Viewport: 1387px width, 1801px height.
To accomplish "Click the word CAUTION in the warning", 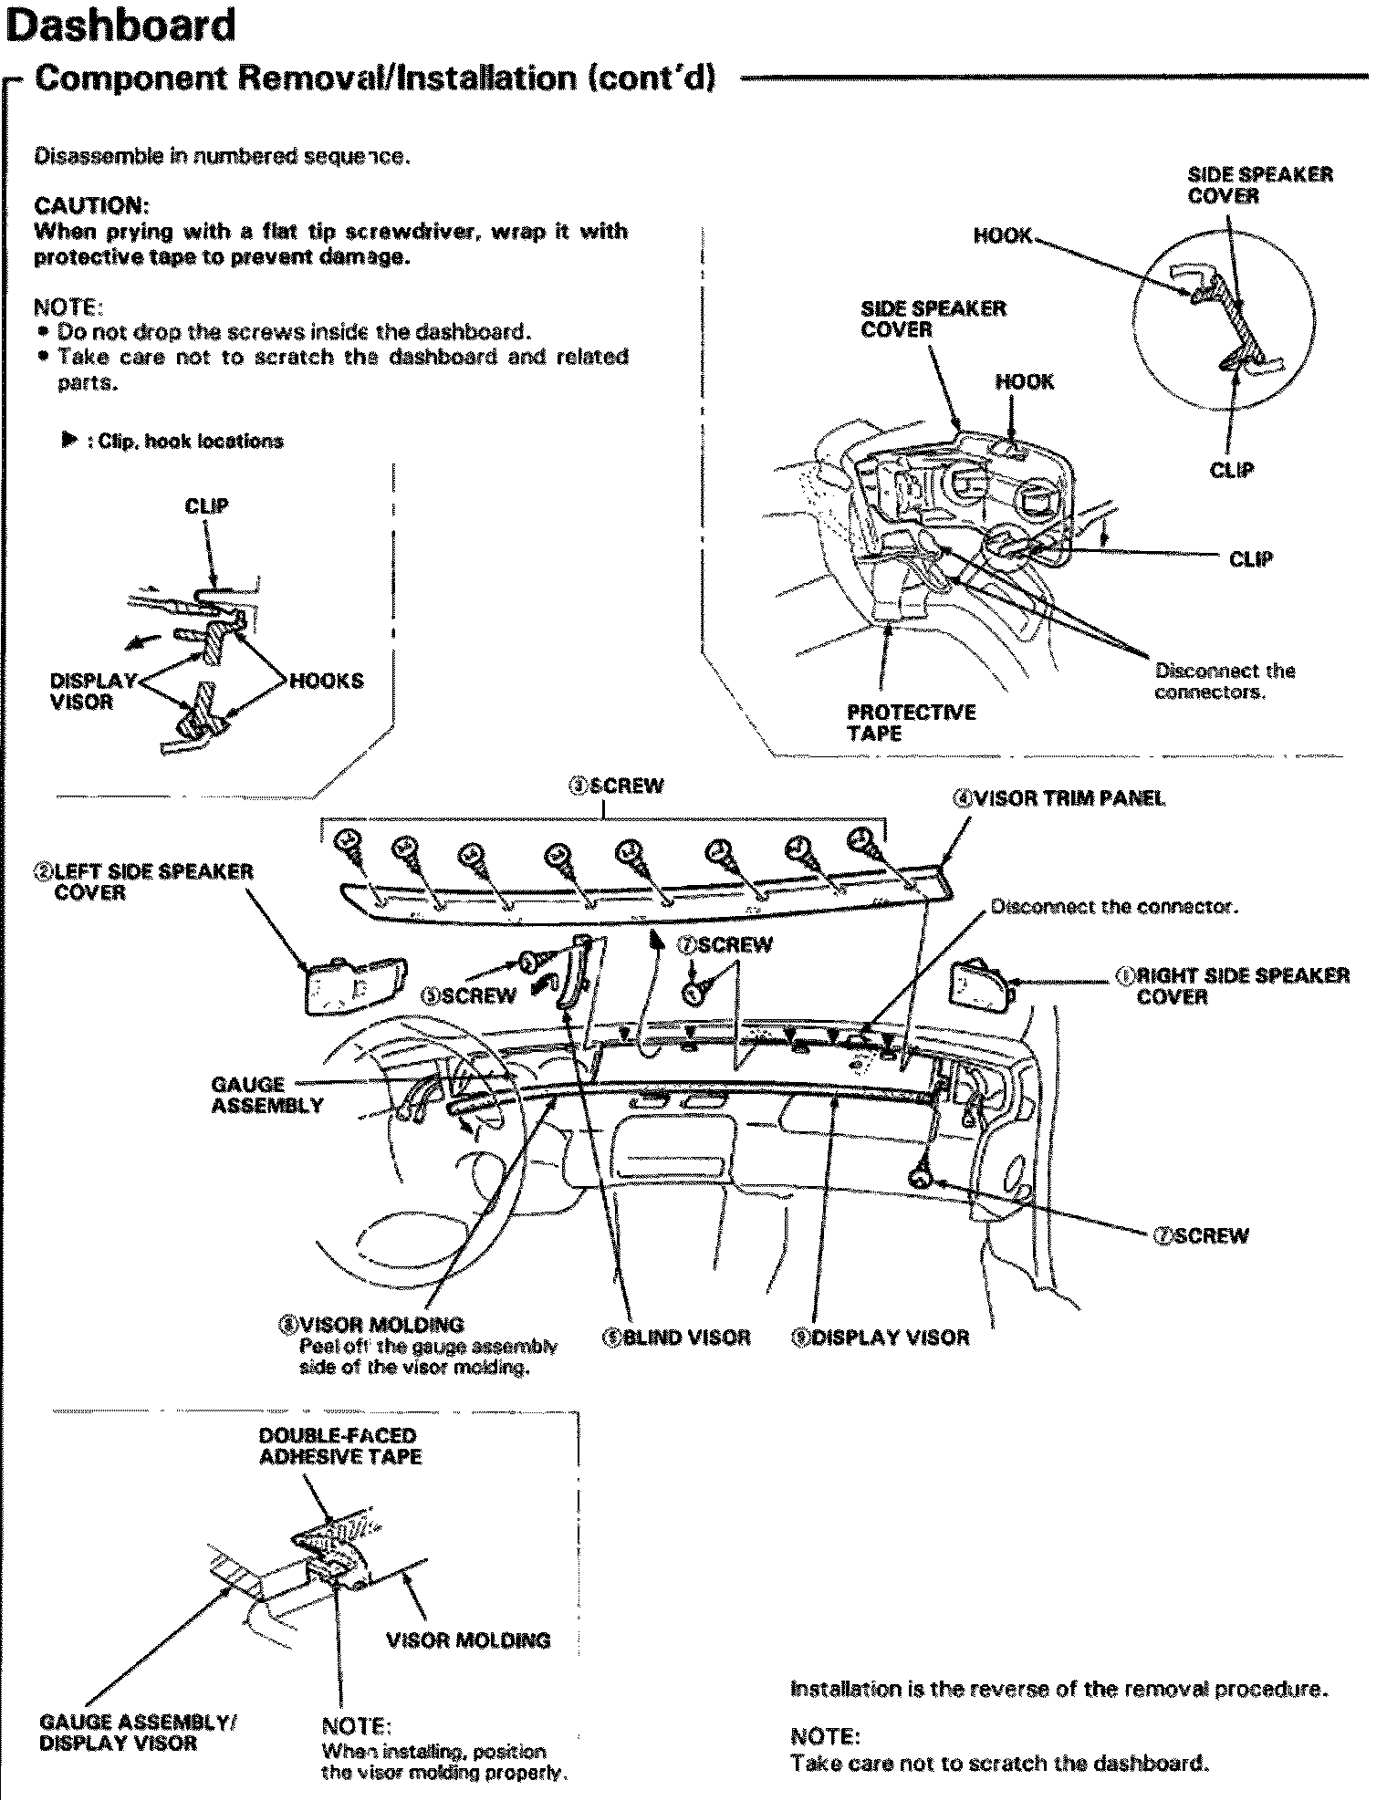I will (88, 204).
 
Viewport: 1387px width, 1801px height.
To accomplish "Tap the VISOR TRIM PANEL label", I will (1058, 798).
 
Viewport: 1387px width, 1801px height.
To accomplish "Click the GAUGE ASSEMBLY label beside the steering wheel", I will (266, 1095).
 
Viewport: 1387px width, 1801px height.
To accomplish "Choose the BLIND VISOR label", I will (676, 1338).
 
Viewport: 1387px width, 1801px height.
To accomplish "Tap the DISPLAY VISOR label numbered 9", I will (881, 1338).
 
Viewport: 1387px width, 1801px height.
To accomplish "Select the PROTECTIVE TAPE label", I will (911, 723).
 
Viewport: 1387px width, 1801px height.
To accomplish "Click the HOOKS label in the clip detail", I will (326, 681).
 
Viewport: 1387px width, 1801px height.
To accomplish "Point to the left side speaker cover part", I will (354, 982).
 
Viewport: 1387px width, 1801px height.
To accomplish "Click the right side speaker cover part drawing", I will (979, 986).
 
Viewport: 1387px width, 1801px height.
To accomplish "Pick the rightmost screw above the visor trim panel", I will (863, 840).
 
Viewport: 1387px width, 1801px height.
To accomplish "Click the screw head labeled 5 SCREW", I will (531, 960).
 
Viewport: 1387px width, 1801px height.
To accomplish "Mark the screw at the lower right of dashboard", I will (920, 1177).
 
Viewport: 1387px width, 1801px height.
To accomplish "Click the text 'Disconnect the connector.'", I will (1113, 907).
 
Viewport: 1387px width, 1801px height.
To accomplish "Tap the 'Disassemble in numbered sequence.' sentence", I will (222, 156).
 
